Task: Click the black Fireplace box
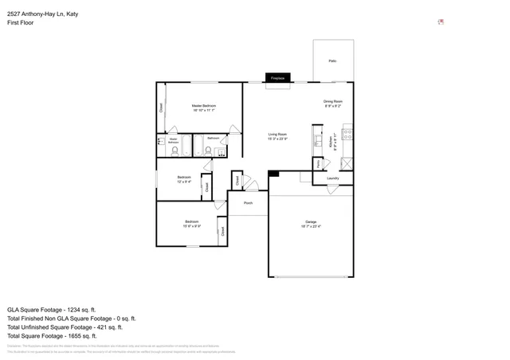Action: [x=278, y=78]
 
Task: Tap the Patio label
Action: [x=332, y=61]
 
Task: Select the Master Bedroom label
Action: [x=204, y=106]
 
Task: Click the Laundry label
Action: [x=332, y=178]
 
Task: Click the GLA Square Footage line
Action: [x=52, y=309]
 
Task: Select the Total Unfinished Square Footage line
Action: [x=65, y=327]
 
